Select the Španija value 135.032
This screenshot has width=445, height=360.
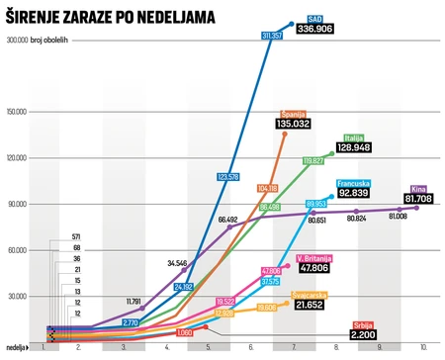click(299, 124)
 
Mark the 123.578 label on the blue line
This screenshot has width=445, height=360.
click(227, 177)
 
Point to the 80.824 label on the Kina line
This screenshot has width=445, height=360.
click(355, 218)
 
